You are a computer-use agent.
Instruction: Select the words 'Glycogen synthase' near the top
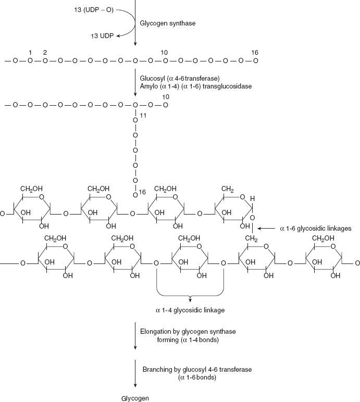(x=165, y=23)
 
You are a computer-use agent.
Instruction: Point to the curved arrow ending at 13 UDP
(x=127, y=23)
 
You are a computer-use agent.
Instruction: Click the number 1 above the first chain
(x=31, y=53)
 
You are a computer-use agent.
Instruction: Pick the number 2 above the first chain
(x=45, y=53)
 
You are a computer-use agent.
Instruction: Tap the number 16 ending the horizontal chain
(x=254, y=53)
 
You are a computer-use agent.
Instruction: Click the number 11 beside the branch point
(x=143, y=115)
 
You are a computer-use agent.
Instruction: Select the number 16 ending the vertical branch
(x=142, y=193)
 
